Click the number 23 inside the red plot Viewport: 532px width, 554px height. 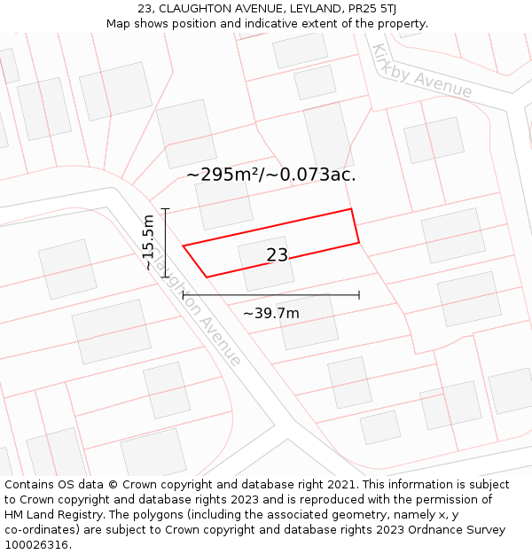pos(277,255)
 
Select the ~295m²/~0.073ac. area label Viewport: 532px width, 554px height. pos(270,175)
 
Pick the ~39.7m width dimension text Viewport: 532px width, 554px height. pos(270,313)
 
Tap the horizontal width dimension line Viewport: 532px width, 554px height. pos(270,294)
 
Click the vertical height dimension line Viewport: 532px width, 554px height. pos(165,243)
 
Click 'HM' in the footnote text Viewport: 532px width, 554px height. pos(14,515)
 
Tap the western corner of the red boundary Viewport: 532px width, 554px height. pos(184,246)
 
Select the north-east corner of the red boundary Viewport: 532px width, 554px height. pos(352,210)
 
